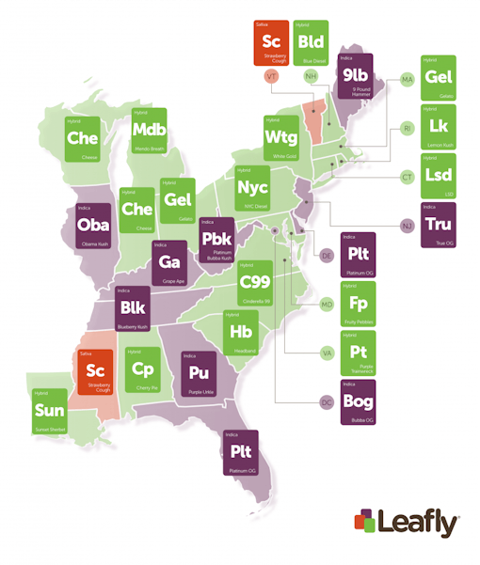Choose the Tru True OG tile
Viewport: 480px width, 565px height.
point(438,225)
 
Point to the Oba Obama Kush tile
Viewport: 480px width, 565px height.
point(93,227)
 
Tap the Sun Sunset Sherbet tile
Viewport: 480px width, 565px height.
point(49,412)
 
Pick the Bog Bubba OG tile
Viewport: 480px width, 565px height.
point(358,401)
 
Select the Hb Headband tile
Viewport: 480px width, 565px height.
point(241,333)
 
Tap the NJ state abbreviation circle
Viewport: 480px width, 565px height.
point(407,226)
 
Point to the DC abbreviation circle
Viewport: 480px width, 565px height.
point(327,402)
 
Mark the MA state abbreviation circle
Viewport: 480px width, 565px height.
point(407,80)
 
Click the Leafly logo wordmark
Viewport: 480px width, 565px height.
point(417,521)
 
